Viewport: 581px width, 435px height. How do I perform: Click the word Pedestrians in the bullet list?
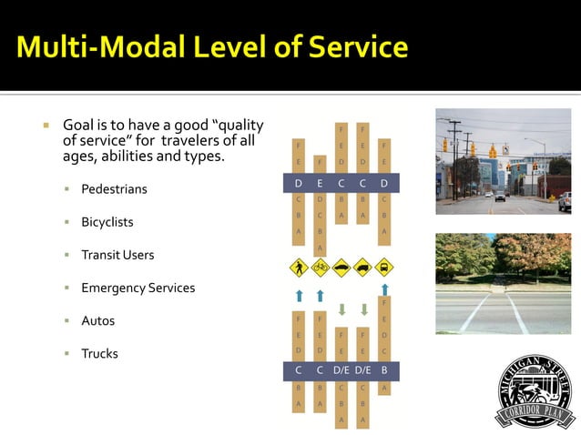pos(114,189)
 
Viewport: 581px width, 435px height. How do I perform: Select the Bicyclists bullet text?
pos(107,222)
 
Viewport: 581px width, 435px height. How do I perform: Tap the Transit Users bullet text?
pos(117,255)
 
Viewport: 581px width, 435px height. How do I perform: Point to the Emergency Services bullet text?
pos(138,288)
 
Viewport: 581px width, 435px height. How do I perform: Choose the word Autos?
pos(97,320)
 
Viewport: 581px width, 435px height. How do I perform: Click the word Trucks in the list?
pos(100,353)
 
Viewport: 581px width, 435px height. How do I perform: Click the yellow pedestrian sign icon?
pos(298,268)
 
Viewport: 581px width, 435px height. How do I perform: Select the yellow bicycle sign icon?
pos(320,268)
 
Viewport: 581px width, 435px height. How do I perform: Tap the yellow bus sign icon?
pos(384,268)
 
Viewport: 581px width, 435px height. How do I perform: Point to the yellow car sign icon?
pos(341,268)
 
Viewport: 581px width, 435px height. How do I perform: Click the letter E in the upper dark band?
pos(320,184)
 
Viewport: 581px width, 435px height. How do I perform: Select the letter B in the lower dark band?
pos(384,369)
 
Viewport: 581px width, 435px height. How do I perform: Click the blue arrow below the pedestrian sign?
pos(298,296)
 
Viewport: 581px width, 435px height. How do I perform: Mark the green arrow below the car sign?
pos(341,309)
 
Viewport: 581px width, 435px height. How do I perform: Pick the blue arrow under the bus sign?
pos(384,290)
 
